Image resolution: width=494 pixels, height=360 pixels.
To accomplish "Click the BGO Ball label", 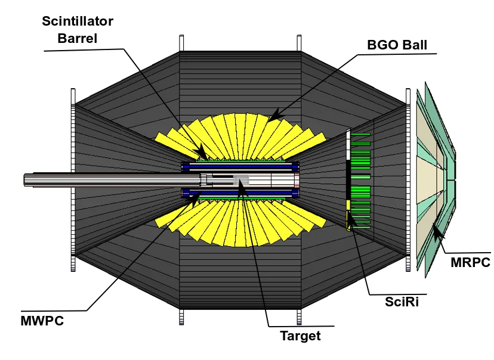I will tap(397, 45).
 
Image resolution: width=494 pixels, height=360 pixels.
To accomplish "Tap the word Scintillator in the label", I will tap(78, 22).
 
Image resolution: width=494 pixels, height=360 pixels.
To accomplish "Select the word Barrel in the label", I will tap(78, 39).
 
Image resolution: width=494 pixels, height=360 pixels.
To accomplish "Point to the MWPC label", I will tap(41, 321).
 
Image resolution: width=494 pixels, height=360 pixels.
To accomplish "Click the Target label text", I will tap(300, 336).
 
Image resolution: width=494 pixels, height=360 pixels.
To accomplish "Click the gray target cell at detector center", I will tap(241, 179).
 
